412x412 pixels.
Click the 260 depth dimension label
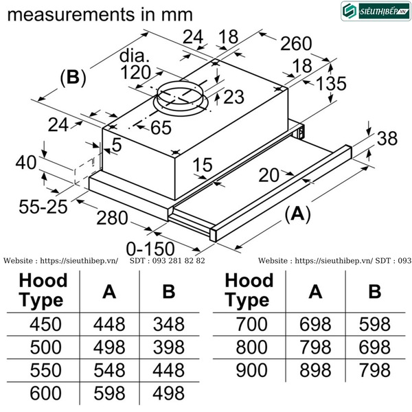(x=296, y=44)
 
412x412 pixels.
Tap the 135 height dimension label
(x=332, y=84)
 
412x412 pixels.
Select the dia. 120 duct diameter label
(x=135, y=65)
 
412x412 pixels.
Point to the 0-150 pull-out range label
(x=150, y=249)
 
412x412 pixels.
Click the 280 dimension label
(x=112, y=218)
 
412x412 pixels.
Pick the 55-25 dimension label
(x=43, y=207)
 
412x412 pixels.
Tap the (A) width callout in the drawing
(x=298, y=214)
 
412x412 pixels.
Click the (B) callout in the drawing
(x=73, y=78)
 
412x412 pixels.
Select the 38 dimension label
(x=387, y=139)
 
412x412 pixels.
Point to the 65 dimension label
(x=161, y=128)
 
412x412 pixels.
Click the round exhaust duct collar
(x=181, y=98)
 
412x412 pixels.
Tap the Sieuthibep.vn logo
(x=376, y=11)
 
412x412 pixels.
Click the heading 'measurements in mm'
(x=100, y=14)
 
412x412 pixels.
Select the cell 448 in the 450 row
(x=109, y=324)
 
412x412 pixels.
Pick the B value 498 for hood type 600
(x=169, y=393)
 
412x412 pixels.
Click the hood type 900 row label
(x=251, y=370)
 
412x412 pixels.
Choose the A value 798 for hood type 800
(x=315, y=347)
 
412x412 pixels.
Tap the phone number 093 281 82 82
(x=179, y=261)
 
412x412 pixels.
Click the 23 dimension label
(x=234, y=97)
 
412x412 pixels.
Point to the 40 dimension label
(x=26, y=162)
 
